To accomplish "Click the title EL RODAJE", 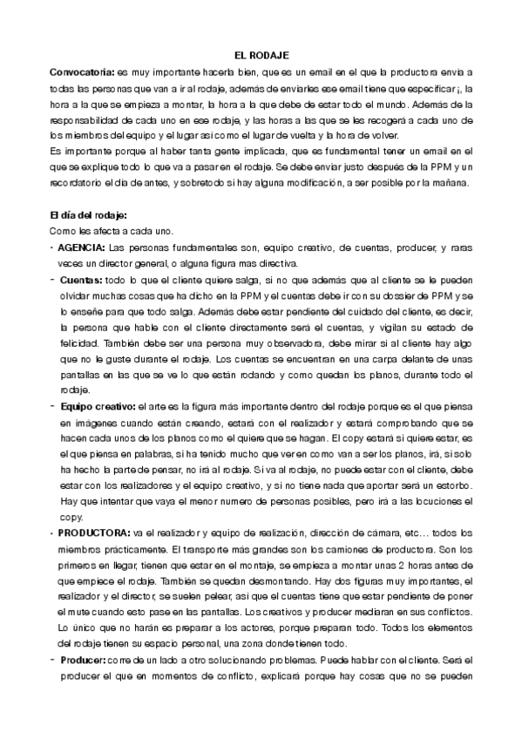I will tap(261, 55).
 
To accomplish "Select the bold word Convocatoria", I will tap(83, 71).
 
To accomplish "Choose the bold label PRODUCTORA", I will tap(94, 532).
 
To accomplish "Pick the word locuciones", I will tap(436, 500).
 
